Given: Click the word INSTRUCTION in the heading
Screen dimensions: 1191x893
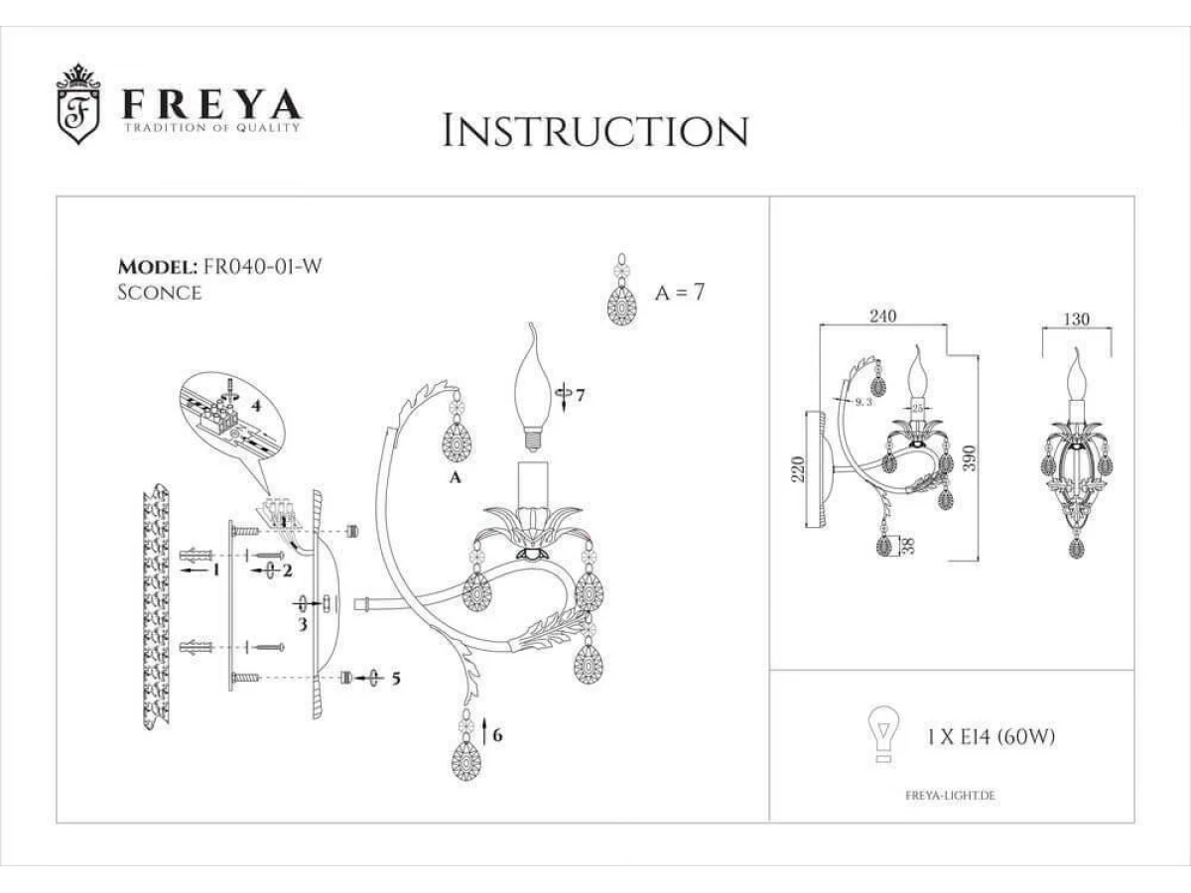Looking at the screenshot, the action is tap(595, 131).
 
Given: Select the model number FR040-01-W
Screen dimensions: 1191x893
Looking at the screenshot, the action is tap(263, 266).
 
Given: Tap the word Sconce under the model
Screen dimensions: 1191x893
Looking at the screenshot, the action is tap(160, 293).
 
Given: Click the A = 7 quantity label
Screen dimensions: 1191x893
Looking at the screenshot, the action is tap(680, 293).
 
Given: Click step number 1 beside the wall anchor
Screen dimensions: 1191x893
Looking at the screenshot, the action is tap(216, 570).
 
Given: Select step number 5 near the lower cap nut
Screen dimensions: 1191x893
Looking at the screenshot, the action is tap(396, 679).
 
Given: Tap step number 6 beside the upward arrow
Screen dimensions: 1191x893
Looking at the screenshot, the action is tap(497, 735).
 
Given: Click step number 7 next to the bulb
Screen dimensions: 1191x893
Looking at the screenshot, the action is tap(580, 395).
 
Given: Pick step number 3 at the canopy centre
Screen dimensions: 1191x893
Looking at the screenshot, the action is tap(303, 625).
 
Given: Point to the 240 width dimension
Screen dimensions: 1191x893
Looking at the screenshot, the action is tap(882, 316).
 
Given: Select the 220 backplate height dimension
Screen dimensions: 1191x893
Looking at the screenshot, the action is tap(798, 469).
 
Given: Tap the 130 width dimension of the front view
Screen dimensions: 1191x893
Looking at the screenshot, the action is tap(1077, 319).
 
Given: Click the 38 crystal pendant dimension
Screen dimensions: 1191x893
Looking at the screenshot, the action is tap(910, 545).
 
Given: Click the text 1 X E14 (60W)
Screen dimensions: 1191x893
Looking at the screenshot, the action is tap(991, 737).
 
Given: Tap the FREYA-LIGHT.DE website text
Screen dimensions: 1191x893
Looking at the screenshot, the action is tap(950, 796).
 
